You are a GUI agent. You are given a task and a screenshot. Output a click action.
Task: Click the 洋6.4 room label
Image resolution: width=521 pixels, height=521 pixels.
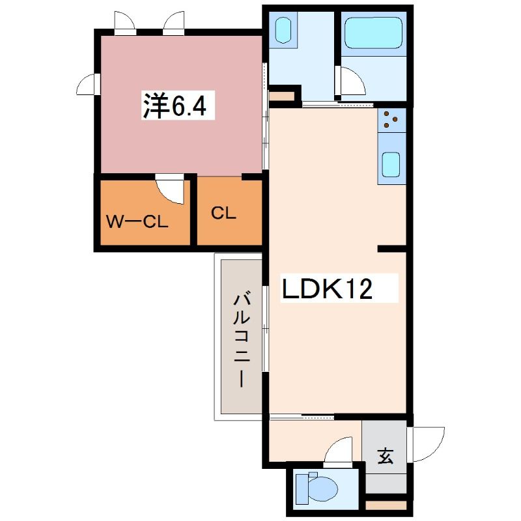(x=175, y=106)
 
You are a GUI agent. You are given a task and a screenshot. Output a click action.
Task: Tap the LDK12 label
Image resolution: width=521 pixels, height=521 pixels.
(x=327, y=288)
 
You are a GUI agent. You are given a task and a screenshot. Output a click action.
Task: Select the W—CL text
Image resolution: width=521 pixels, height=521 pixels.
(x=137, y=221)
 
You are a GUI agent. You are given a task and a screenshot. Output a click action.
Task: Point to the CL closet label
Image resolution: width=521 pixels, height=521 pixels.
(x=223, y=213)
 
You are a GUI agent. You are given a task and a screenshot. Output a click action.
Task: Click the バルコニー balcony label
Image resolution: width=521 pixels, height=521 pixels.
(x=242, y=339)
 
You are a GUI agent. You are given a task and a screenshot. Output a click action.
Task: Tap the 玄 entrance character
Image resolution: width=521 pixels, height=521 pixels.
(x=385, y=455)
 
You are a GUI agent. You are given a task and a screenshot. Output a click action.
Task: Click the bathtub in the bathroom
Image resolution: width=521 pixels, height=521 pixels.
(x=373, y=33)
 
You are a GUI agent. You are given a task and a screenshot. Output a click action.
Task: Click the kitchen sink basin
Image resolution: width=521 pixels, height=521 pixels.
(x=390, y=165)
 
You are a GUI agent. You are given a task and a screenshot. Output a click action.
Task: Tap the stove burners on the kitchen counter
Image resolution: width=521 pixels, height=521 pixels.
(x=390, y=120)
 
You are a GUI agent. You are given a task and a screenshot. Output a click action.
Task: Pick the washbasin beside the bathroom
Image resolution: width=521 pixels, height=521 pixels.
(x=283, y=30)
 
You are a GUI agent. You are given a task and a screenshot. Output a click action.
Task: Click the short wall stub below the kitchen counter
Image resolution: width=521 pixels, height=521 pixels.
(x=392, y=249)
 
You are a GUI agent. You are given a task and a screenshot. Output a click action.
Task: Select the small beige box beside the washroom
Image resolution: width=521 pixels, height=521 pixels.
(x=282, y=96)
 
